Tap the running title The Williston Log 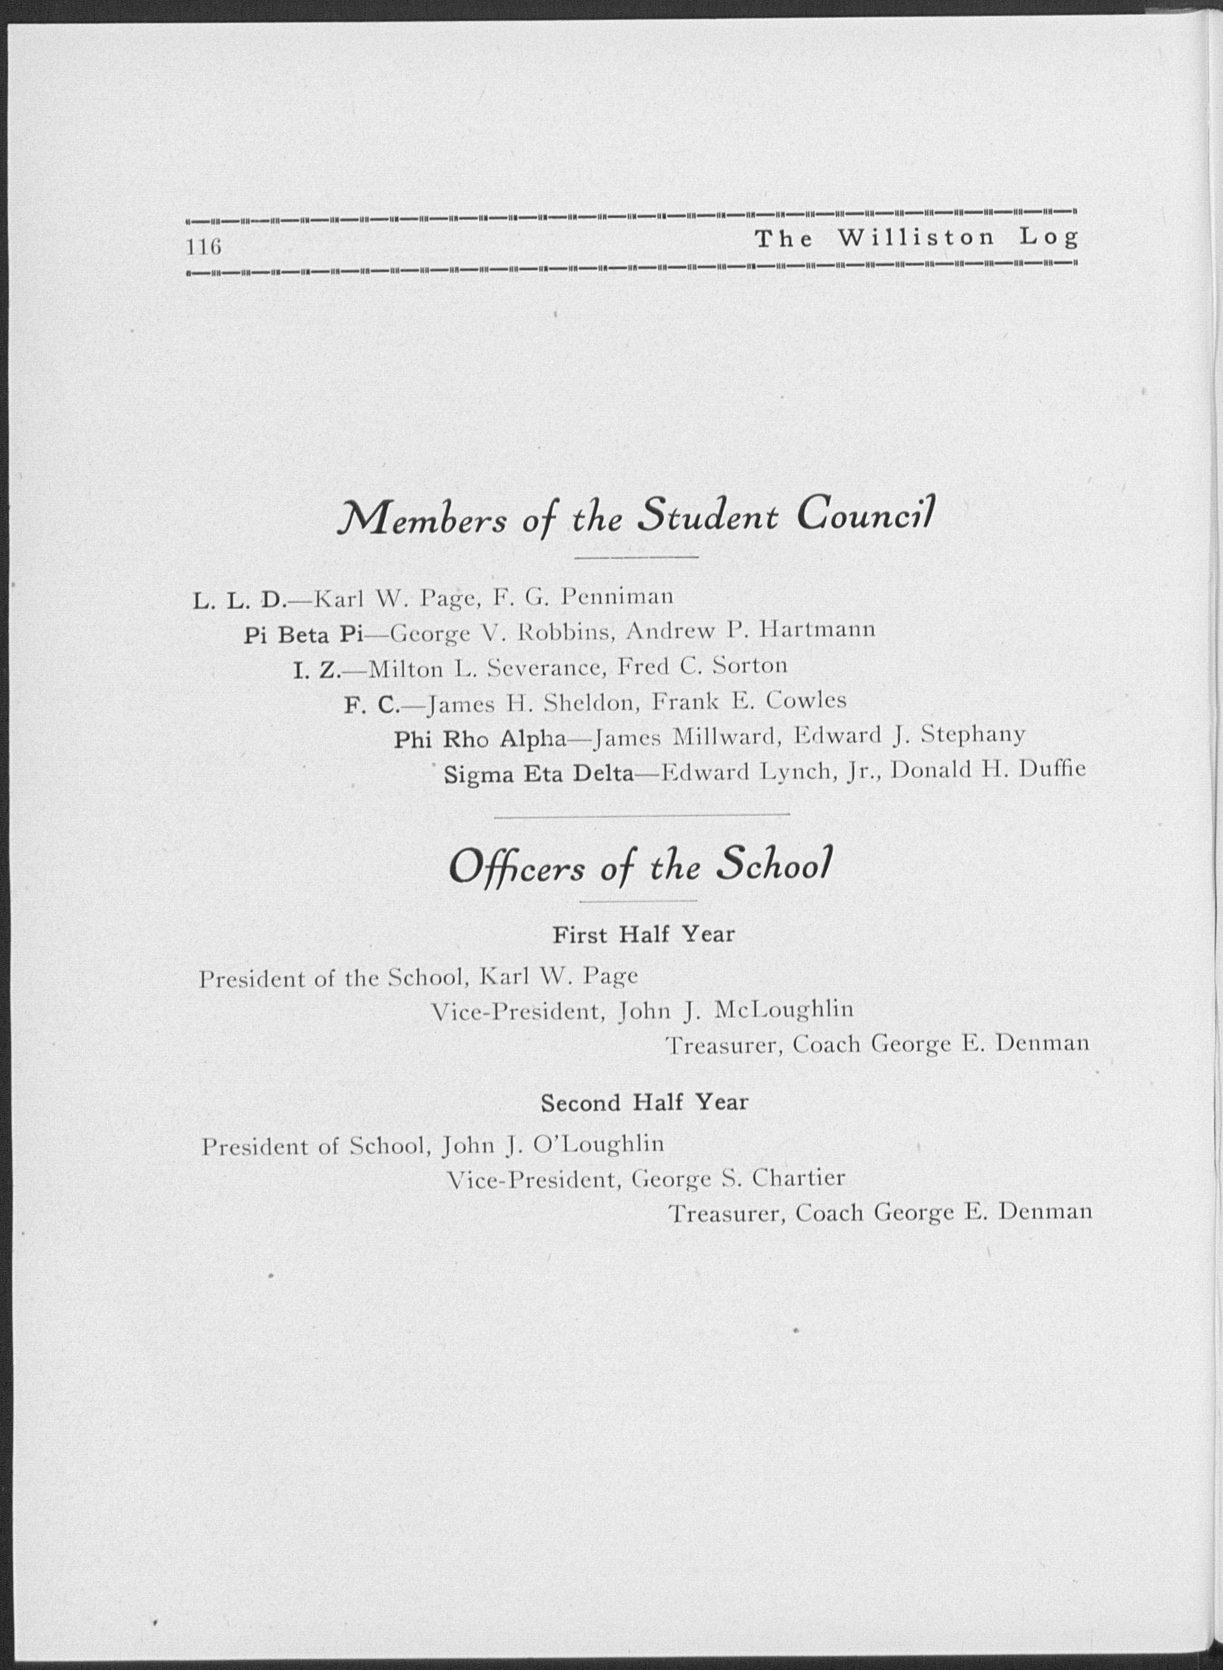pos(917,238)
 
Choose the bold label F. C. pos(372,705)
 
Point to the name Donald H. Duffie pos(988,770)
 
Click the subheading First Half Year pos(643,934)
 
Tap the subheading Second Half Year pos(644,1103)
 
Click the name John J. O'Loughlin pos(553,1145)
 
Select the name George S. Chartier pos(738,1179)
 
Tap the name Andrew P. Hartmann pos(751,630)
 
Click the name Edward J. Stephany pos(910,735)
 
